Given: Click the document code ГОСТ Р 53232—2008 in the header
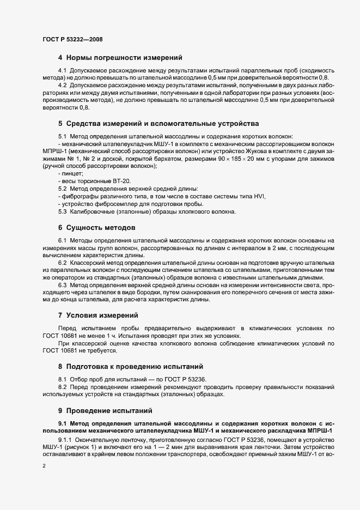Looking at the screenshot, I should click(x=72, y=39).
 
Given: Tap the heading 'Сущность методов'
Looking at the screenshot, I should click(x=101, y=227).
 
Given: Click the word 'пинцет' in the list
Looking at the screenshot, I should click(x=71, y=173).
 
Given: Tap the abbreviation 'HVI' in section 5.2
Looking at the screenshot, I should click(x=263, y=196).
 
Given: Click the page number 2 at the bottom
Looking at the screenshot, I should click(x=44, y=466).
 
